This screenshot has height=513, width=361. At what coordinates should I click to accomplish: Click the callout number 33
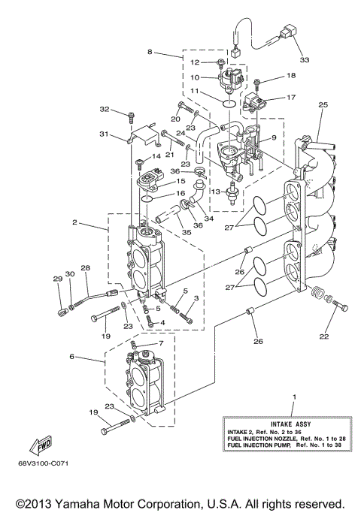pos(304,59)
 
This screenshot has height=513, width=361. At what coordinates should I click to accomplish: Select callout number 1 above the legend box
pos(294,396)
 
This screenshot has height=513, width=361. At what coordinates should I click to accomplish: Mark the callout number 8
pos(149,52)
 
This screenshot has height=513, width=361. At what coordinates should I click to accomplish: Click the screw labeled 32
pos(131,117)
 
